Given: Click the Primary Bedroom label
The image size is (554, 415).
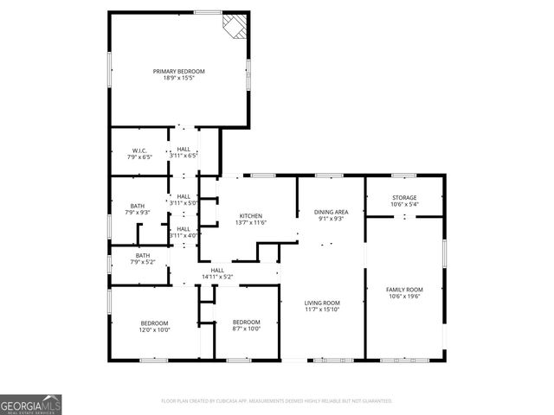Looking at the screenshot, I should [179, 71].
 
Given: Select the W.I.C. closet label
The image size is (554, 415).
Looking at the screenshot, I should [139, 150].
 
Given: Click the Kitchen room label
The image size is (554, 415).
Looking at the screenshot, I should [250, 216].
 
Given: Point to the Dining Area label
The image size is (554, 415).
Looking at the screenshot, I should [331, 212].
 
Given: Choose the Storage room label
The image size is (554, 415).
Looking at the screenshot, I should [404, 197].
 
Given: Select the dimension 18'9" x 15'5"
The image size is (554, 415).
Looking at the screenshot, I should [179, 79].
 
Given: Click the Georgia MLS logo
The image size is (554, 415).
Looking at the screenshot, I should [31, 404].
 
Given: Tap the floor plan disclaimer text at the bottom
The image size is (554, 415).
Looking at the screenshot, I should [277, 401].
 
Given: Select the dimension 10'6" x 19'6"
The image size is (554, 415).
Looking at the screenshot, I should [404, 297].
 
